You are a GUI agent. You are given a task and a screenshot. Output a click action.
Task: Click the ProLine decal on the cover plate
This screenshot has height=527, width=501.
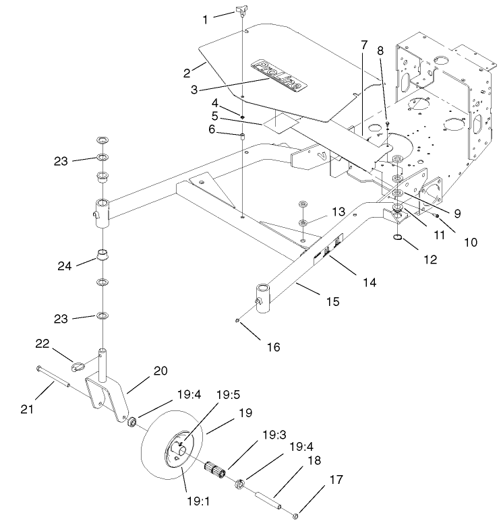click(x=278, y=74)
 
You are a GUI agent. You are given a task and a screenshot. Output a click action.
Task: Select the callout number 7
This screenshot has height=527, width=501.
click(x=364, y=45)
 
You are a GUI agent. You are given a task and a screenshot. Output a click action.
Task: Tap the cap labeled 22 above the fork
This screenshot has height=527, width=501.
click(x=78, y=366)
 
